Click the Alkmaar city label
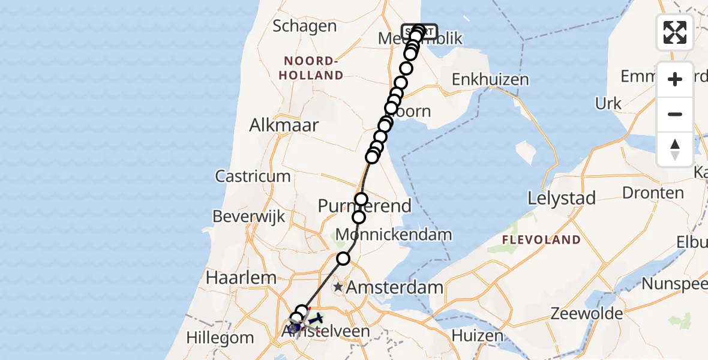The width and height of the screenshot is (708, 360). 285,125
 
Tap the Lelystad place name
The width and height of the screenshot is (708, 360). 562,197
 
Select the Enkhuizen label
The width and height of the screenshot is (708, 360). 490,79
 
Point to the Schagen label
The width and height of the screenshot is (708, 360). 304,26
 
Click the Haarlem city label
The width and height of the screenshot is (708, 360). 241,278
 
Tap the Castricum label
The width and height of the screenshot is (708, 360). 253,176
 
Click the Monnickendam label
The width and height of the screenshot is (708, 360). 394,235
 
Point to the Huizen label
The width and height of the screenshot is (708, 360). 478,335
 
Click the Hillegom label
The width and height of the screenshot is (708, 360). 220,338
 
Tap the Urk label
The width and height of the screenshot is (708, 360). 608,103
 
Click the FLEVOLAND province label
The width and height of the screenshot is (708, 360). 542,240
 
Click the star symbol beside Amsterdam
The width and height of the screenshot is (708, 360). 338,287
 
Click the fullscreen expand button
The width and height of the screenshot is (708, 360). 675,32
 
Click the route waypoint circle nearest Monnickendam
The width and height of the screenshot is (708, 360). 359,217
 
